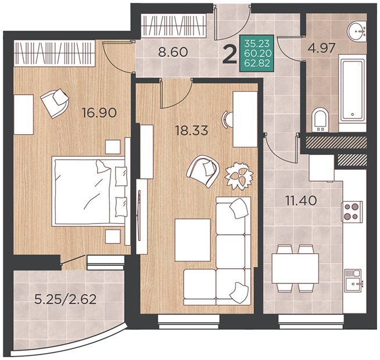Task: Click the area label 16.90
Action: [x=99, y=113]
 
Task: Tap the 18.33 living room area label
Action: [x=192, y=131]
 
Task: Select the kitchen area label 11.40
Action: [x=301, y=200]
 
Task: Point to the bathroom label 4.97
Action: [x=321, y=48]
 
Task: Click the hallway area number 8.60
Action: [x=173, y=52]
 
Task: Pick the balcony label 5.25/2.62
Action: [x=66, y=299]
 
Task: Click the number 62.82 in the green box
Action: [x=257, y=63]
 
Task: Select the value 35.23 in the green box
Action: [x=257, y=44]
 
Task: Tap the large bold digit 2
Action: [x=230, y=55]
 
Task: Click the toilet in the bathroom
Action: [x=320, y=120]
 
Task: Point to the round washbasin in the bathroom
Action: [x=357, y=31]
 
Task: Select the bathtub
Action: [x=352, y=88]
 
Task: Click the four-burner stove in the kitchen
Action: [x=352, y=211]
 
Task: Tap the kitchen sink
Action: [x=353, y=280]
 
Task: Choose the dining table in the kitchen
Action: [x=295, y=268]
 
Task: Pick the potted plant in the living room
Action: [x=239, y=175]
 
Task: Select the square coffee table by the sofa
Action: [x=193, y=240]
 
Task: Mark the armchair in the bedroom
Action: [x=55, y=102]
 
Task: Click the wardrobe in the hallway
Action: [x=174, y=26]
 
